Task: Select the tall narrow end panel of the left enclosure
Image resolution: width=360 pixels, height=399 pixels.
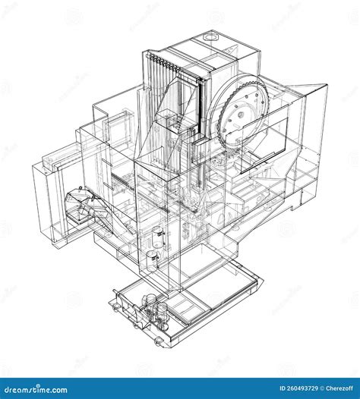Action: click(x=45, y=201)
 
